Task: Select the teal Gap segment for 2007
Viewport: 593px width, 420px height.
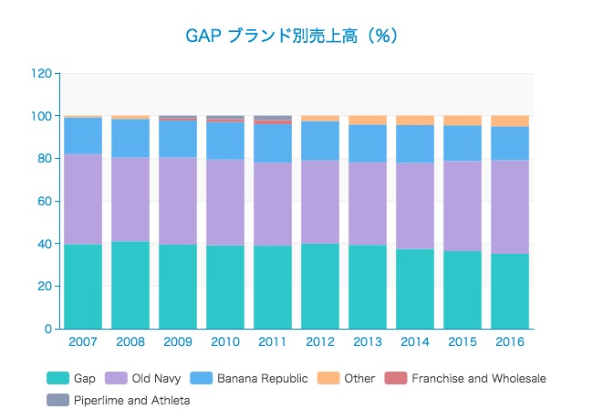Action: coord(83,286)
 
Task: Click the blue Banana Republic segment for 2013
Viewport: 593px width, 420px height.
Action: coord(368,143)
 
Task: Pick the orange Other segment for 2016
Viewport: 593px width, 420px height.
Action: coord(510,121)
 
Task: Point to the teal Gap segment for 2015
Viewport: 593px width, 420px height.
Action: coord(463,289)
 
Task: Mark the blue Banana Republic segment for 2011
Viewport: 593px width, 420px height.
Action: coord(273,143)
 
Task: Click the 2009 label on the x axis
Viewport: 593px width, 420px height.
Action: coord(178,341)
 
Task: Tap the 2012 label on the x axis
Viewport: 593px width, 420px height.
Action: coord(320,341)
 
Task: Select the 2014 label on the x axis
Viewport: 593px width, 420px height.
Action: coord(415,341)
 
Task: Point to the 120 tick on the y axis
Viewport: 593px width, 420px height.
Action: coord(40,73)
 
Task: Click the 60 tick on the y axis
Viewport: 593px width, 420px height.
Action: coord(44,201)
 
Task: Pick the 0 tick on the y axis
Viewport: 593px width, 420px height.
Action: coord(47,329)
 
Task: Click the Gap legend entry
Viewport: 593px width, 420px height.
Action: coord(72,378)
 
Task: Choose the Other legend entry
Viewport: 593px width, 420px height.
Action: coord(347,378)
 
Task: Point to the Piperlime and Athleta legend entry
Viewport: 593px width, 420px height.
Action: coord(120,400)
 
